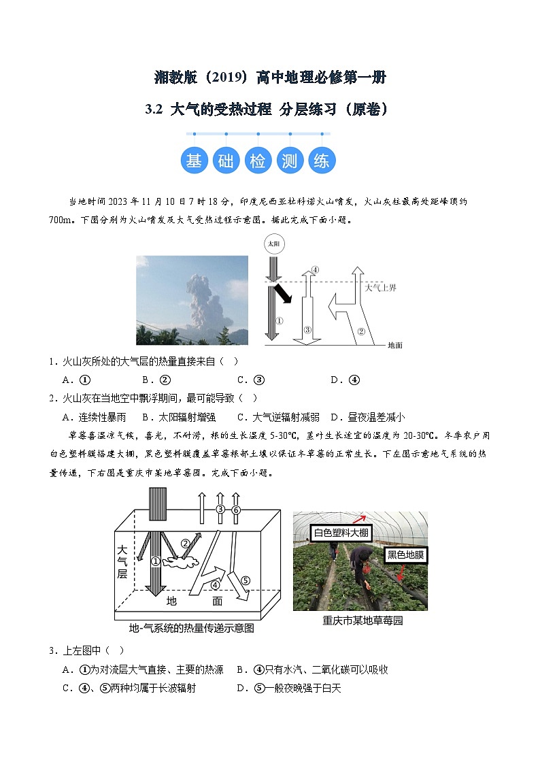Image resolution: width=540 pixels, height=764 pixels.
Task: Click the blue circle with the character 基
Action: (x=194, y=161)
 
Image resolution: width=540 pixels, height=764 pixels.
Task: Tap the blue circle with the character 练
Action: (x=321, y=161)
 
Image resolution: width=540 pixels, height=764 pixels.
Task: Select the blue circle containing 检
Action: (x=258, y=161)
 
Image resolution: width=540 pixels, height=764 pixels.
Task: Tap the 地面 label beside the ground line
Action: (x=395, y=345)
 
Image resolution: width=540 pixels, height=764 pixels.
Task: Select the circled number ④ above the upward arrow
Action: (x=314, y=269)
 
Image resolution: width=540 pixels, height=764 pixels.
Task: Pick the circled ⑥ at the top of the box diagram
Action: (x=236, y=510)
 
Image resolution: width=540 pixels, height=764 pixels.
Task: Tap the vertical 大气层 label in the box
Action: (x=122, y=561)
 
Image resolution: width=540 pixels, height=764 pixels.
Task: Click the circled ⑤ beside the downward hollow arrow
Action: (x=246, y=580)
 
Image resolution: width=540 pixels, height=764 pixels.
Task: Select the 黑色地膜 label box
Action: (x=405, y=554)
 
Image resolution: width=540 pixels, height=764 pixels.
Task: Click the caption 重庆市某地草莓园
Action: (x=362, y=620)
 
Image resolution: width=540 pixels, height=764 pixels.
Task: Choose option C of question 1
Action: (x=251, y=380)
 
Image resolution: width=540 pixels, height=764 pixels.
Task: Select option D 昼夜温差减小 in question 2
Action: (x=367, y=417)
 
